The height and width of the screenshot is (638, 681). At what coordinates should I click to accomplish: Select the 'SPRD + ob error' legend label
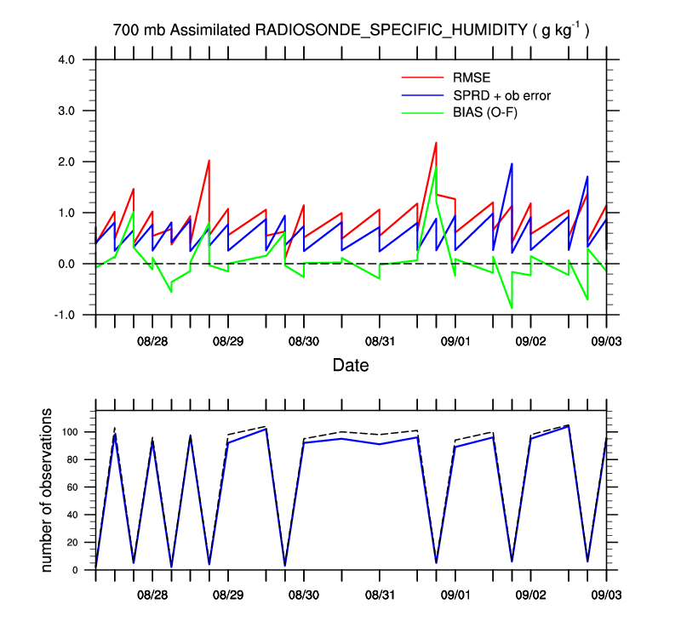point(502,95)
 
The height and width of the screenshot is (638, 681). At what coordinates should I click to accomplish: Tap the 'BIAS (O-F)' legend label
point(486,111)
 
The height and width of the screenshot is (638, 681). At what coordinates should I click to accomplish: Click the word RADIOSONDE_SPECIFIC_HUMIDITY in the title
point(391,31)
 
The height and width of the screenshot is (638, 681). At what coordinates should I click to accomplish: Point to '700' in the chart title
point(124,31)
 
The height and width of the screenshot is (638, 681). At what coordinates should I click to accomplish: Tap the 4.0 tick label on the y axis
point(66,60)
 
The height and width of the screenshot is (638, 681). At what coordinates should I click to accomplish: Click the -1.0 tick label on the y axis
point(65,315)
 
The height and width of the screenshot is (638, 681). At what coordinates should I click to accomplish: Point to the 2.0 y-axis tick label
point(66,162)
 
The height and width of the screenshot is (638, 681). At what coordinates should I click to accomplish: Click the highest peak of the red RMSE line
point(436,142)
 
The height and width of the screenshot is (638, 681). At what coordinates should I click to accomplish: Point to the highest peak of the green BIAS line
point(436,167)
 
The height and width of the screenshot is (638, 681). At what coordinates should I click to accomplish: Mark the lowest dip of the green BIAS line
point(512,308)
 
